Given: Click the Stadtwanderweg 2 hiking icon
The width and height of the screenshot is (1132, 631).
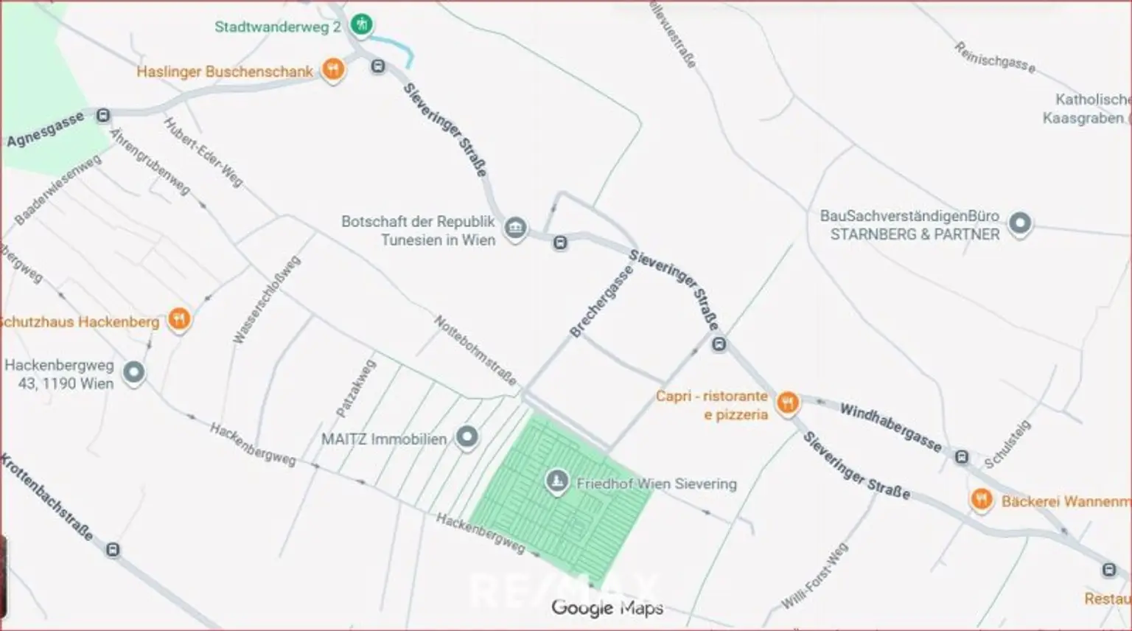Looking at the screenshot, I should tap(360, 25).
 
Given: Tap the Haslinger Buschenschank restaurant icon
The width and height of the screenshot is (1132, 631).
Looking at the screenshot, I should tap(333, 70).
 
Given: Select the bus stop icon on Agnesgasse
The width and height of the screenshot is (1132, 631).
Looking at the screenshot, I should tap(103, 116).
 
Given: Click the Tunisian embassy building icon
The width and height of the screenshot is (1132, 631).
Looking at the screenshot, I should tap(515, 228).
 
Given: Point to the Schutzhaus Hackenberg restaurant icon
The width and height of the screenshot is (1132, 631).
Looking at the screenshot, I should tap(179, 319).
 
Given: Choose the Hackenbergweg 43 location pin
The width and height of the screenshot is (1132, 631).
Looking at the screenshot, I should tap(133, 373).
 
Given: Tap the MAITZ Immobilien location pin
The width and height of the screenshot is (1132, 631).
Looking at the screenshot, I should tap(467, 438).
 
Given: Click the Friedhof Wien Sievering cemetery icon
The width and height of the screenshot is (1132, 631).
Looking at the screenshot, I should tap(556, 482).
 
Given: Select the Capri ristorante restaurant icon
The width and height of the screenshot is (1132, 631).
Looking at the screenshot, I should tap(788, 402).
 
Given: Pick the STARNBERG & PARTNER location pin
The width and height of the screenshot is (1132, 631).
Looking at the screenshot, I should tap(1020, 223).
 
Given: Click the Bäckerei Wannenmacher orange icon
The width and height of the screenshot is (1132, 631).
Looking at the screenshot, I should tap(981, 500).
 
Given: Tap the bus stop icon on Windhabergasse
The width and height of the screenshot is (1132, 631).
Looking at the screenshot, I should tap(961, 457).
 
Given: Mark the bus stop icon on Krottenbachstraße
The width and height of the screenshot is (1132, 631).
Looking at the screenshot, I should tap(113, 550).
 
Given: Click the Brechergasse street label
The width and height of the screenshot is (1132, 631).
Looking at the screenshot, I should tap(601, 302).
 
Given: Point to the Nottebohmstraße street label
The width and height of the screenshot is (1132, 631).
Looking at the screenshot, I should tap(475, 350).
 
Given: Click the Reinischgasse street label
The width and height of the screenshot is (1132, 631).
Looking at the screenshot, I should tap(994, 57).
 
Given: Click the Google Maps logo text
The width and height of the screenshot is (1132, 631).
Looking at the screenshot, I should tap(607, 607).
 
